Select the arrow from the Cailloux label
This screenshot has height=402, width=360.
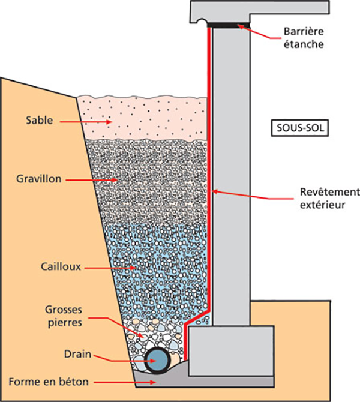tap(98, 264)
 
